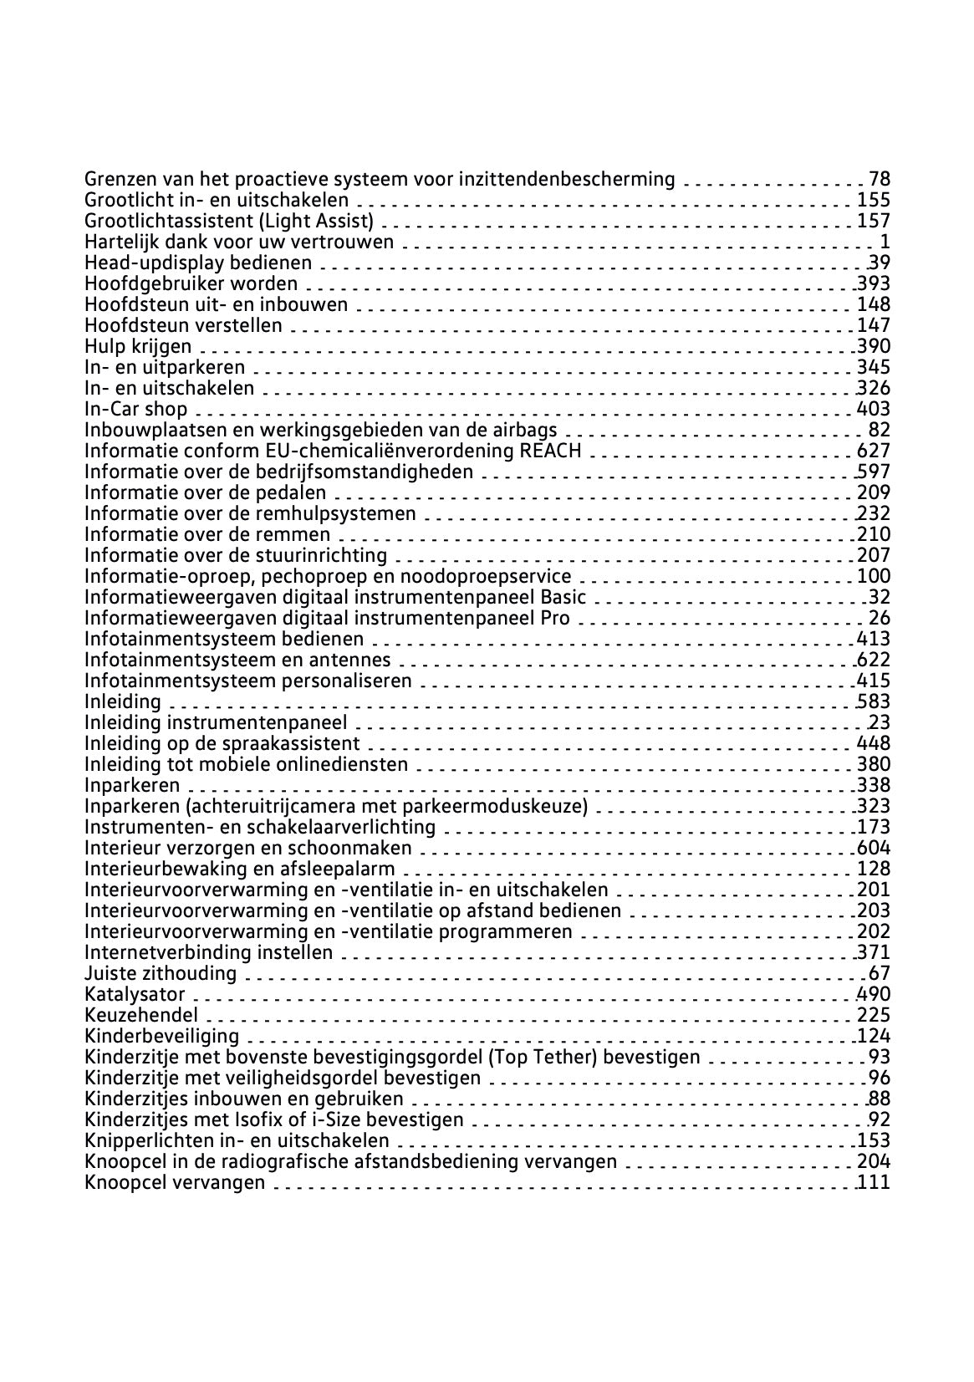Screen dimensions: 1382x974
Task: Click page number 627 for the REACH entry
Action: (x=874, y=451)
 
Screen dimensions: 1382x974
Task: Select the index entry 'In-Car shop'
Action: (x=136, y=409)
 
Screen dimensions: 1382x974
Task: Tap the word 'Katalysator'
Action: (x=135, y=994)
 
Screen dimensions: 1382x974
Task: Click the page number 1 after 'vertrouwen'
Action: (x=885, y=242)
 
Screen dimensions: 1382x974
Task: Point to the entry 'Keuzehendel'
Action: (x=141, y=1015)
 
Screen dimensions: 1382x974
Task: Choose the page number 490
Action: (x=874, y=994)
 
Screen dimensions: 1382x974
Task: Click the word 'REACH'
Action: (x=550, y=451)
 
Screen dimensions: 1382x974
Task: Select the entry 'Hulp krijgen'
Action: (x=138, y=346)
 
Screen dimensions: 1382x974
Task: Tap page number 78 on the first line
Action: (x=880, y=179)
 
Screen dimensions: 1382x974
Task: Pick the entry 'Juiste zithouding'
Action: (x=161, y=973)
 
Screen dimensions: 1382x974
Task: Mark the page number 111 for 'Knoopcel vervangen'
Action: (x=874, y=1182)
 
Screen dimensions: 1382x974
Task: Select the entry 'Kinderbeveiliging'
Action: (x=161, y=1036)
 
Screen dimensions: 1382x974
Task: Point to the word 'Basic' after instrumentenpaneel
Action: (x=563, y=597)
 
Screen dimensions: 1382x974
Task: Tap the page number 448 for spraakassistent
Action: (x=874, y=743)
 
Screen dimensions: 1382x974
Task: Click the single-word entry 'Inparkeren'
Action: (x=132, y=785)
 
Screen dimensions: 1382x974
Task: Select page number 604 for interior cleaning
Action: (x=874, y=848)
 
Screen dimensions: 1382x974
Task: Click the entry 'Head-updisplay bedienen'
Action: (x=198, y=263)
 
